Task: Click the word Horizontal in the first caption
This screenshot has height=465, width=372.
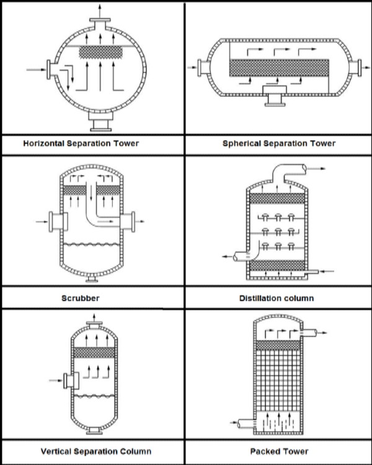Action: click(43, 144)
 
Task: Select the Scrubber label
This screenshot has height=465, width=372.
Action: click(81, 298)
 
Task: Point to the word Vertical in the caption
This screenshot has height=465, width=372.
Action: click(56, 451)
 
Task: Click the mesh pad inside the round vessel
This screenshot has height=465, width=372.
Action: click(101, 52)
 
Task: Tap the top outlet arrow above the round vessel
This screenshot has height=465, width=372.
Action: click(100, 11)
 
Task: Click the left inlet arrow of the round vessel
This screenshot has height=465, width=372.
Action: click(36, 70)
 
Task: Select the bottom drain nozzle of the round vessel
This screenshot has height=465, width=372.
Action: click(100, 122)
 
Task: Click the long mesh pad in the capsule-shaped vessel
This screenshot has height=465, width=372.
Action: click(279, 68)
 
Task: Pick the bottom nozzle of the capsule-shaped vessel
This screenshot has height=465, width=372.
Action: click(275, 96)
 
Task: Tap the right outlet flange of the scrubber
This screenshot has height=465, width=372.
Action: click(128, 221)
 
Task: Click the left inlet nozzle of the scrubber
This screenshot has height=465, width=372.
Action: click(58, 221)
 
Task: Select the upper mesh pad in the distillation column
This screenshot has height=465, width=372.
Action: click(277, 198)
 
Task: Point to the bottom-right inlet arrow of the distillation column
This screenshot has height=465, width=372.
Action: click(327, 271)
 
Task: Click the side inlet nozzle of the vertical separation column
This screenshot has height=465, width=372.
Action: click(71, 381)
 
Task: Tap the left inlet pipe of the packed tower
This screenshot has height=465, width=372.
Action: click(246, 423)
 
